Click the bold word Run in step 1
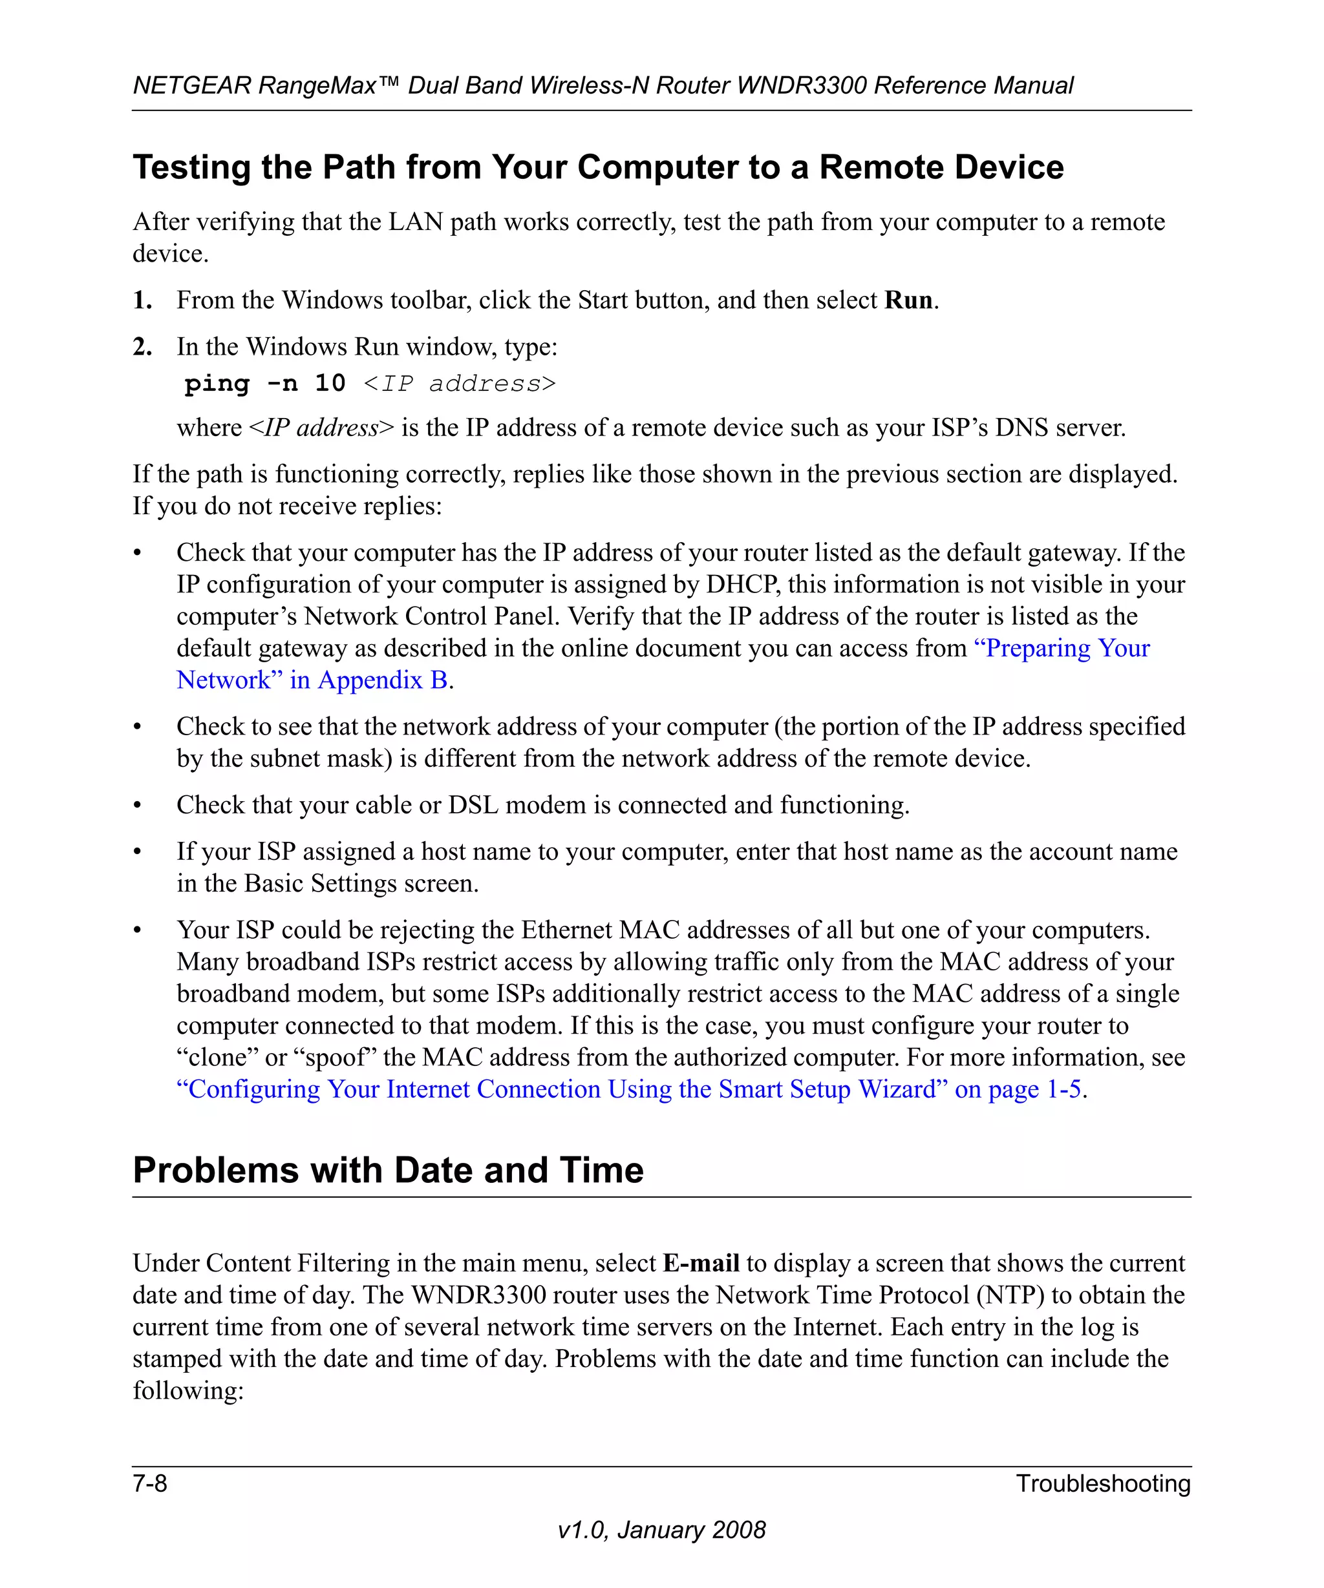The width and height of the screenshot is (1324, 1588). point(908,300)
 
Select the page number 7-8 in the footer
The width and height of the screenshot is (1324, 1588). point(150,1483)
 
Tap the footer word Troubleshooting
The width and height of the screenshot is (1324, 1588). point(1102,1483)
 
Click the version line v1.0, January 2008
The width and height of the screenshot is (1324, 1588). point(661,1530)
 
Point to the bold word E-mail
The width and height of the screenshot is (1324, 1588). point(701,1263)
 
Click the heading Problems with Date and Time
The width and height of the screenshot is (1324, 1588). point(388,1170)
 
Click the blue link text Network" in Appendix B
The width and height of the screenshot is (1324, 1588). point(312,680)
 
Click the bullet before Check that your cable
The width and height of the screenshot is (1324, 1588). point(137,806)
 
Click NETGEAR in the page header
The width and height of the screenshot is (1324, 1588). point(191,85)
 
